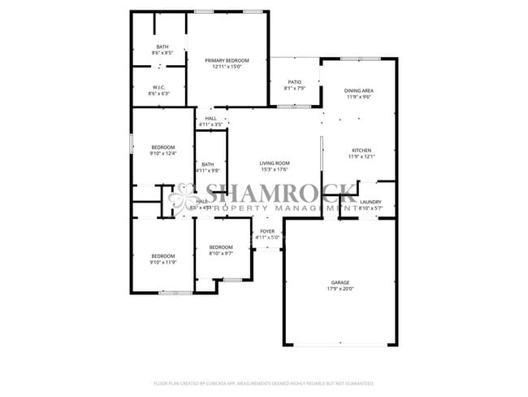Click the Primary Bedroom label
click(x=227, y=61)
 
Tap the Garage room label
click(x=340, y=281)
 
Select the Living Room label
click(x=275, y=164)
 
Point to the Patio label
click(x=294, y=81)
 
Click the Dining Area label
click(x=358, y=90)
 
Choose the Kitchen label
click(x=361, y=151)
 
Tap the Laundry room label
click(x=371, y=202)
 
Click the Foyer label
click(x=267, y=232)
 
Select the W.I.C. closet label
click(x=159, y=88)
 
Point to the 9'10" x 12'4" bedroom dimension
click(x=162, y=153)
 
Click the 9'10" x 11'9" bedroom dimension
click(x=162, y=262)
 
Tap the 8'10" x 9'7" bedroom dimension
click(x=221, y=253)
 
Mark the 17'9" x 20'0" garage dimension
click(x=340, y=288)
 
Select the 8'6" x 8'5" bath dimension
click(x=162, y=53)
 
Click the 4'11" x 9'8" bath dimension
click(x=208, y=170)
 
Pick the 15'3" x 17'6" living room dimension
click(x=275, y=170)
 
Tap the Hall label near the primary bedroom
click(x=211, y=119)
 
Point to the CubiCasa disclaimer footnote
click(x=264, y=382)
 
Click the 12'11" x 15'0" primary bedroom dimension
click(x=227, y=68)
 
